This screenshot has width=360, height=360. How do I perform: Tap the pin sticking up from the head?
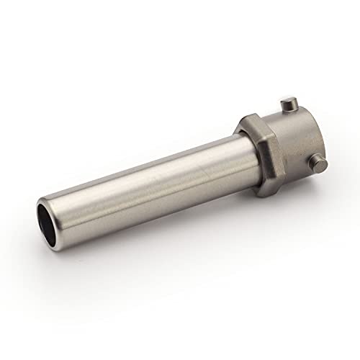point(289,106)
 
